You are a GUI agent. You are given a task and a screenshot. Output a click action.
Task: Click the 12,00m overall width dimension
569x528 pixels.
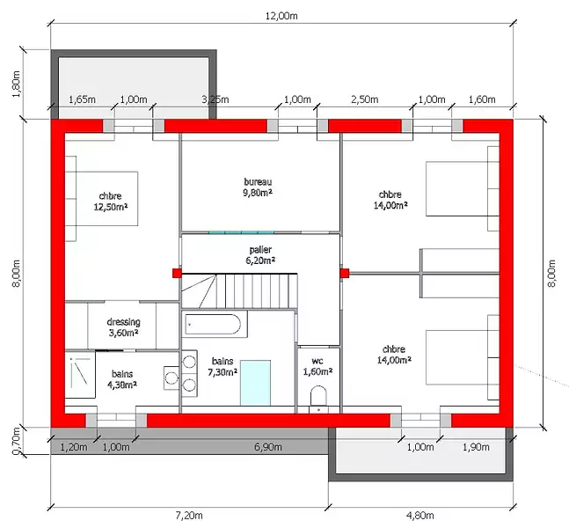coord(281,16)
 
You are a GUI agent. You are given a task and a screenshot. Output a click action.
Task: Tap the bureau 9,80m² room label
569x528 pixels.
coord(258,187)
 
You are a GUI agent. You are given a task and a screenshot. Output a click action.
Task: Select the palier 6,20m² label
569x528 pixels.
coord(260,255)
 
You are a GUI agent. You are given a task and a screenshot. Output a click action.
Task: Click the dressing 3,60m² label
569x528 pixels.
coord(123,327)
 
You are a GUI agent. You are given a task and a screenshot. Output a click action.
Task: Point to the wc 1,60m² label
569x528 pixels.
coord(317,366)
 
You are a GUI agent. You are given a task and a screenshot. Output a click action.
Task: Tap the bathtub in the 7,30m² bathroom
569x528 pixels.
coord(213,325)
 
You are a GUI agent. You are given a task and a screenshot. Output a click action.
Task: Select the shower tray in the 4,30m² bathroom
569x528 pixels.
coord(80,374)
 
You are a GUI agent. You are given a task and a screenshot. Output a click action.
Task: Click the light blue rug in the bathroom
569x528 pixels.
coord(255,383)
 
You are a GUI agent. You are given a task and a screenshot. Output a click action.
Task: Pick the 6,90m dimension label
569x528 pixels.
coord(268,447)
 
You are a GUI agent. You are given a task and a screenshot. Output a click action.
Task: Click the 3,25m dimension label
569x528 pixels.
coord(215,99)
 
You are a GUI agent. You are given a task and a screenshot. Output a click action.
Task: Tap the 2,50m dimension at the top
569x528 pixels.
coord(365,99)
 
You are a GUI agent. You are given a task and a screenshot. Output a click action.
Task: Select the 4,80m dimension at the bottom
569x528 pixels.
coord(420,516)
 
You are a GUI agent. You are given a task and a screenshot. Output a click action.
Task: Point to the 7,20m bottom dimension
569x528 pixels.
coord(189,516)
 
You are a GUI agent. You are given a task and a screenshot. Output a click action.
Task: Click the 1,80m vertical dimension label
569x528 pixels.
coord(17,84)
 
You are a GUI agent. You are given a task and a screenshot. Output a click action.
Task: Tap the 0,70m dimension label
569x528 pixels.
coord(17,441)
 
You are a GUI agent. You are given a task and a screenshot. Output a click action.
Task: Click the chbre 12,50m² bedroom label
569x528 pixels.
coord(110,202)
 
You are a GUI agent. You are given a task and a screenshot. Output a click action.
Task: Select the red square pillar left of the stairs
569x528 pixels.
coord(177,273)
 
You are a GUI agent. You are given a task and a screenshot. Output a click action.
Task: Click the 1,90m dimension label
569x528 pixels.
coord(476,447)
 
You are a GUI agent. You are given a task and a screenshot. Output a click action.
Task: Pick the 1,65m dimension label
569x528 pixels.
coord(82,99)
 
